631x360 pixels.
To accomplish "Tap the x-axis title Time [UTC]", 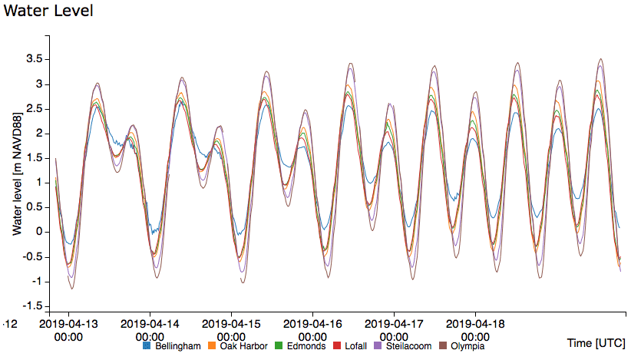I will click(595, 342).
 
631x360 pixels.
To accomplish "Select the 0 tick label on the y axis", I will click(37, 232).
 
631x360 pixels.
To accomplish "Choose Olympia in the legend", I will click(467, 346).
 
